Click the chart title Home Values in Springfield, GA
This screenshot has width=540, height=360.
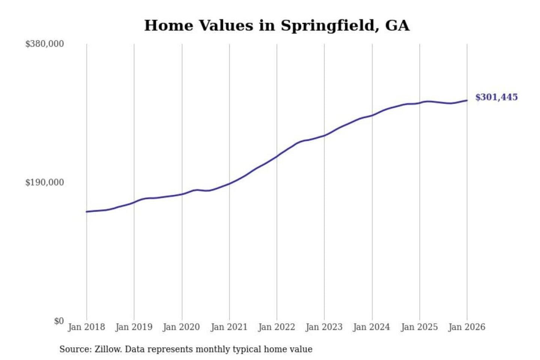(277, 25)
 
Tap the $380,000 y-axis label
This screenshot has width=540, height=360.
(45, 44)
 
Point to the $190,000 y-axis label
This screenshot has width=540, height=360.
(45, 182)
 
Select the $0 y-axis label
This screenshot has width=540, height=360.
(59, 321)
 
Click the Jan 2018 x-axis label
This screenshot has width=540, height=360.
(87, 327)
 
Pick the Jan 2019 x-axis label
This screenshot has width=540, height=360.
(134, 327)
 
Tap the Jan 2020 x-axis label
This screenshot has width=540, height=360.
(181, 327)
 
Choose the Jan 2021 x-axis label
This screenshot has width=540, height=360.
(229, 327)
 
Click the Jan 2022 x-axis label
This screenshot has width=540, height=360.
(277, 327)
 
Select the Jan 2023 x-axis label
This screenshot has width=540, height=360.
(324, 327)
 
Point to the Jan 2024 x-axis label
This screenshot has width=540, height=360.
(372, 327)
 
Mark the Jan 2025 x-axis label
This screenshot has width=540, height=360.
(419, 327)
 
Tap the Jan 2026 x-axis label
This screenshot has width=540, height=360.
(467, 327)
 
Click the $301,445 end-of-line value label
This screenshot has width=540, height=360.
(496, 97)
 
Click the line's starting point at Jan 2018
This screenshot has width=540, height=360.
(87, 212)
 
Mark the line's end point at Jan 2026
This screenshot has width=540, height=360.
(467, 100)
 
